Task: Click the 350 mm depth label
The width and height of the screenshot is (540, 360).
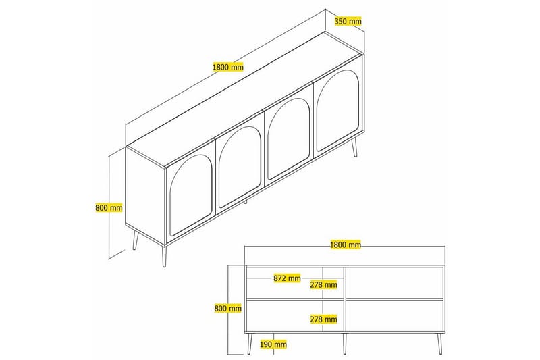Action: click(x=348, y=22)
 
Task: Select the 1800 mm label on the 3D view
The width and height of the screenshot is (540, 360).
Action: click(x=227, y=67)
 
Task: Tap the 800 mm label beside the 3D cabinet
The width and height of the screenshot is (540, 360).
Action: click(x=109, y=207)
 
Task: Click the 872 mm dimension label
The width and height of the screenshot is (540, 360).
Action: click(x=288, y=278)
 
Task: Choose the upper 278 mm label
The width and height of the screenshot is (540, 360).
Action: click(x=323, y=284)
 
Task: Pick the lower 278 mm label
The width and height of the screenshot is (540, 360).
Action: click(x=323, y=318)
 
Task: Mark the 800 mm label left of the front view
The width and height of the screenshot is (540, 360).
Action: click(x=227, y=308)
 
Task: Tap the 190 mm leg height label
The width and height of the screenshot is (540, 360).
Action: click(x=273, y=344)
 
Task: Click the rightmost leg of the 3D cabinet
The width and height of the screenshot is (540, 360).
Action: click(x=354, y=147)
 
